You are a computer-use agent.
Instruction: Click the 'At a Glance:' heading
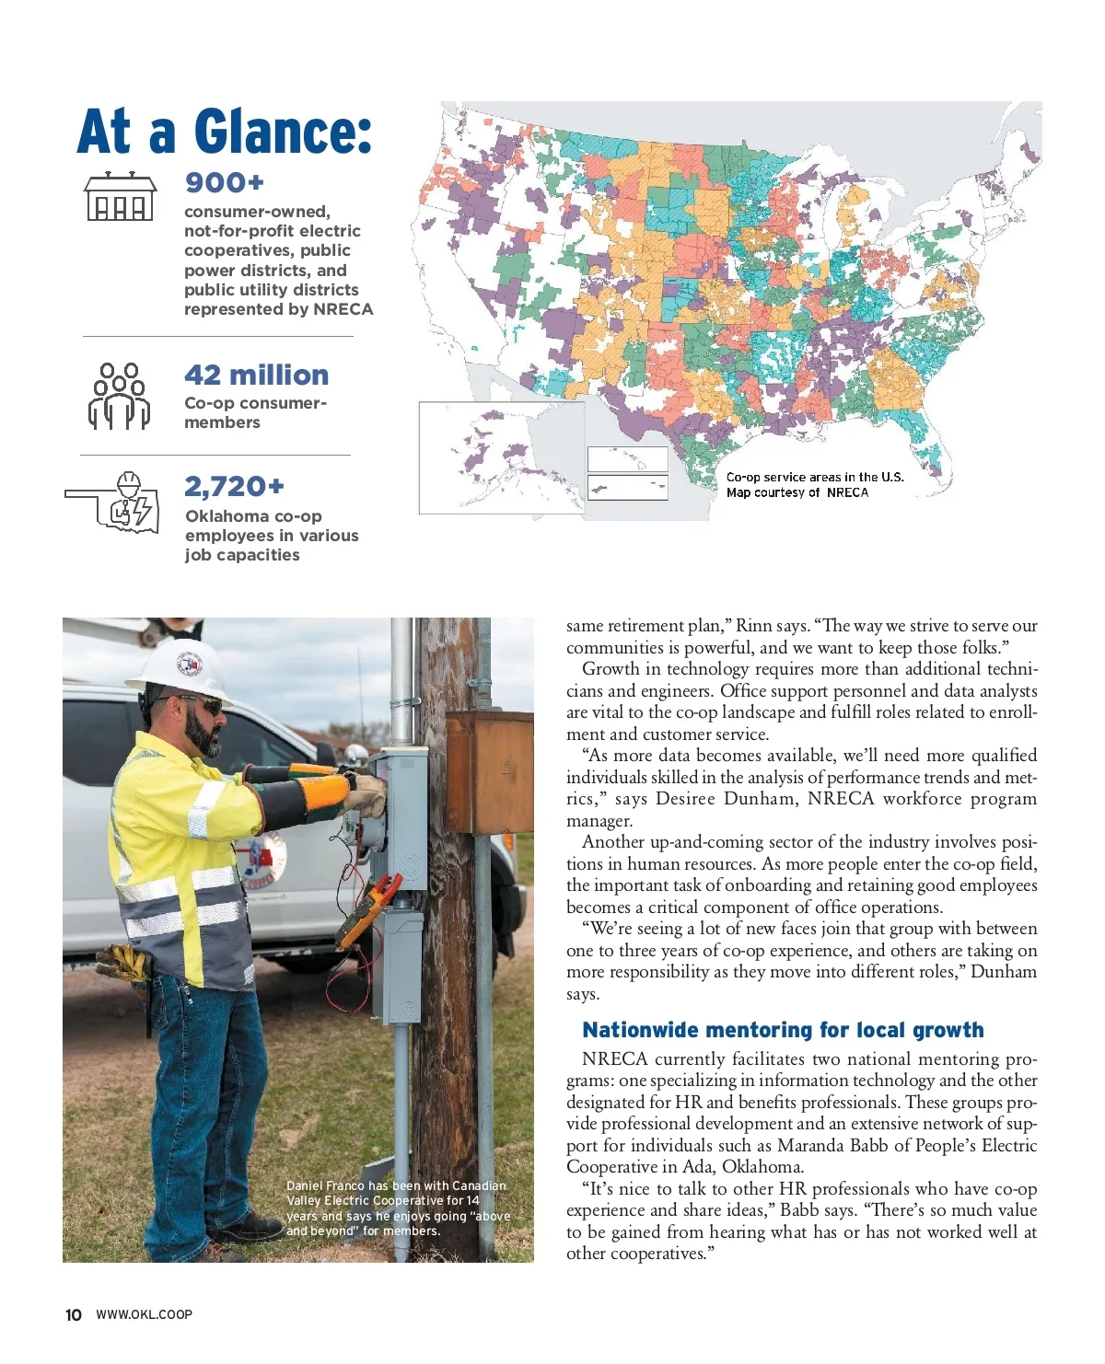point(225,131)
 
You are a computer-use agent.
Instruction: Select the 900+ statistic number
point(225,182)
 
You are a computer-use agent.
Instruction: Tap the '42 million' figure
point(256,375)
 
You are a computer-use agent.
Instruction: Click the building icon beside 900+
point(120,197)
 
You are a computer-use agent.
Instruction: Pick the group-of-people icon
point(120,396)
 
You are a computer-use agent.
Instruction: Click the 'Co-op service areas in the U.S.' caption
point(815,477)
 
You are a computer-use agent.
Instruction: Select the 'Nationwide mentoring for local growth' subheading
point(783,1030)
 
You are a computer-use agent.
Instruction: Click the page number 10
point(74,1314)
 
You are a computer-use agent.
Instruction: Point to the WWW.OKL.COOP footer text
point(145,1314)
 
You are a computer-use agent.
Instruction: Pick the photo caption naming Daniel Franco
point(398,1208)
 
